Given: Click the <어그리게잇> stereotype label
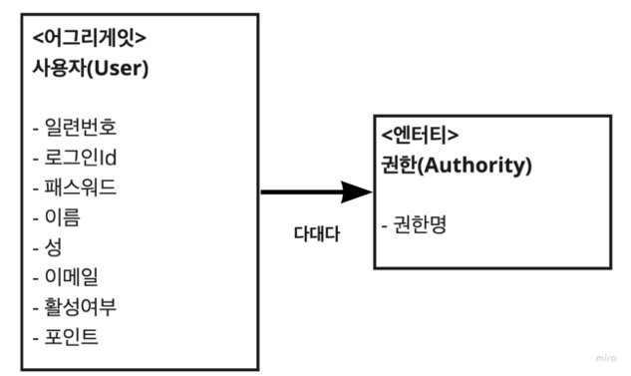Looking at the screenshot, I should (90, 40).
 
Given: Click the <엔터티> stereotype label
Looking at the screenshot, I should (420, 136).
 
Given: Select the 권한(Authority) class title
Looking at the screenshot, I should (457, 166).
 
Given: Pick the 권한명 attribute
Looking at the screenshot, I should (414, 224).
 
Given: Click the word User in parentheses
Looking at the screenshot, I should (119, 70).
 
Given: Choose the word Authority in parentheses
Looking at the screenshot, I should (476, 166).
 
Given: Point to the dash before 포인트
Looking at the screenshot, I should (36, 335).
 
